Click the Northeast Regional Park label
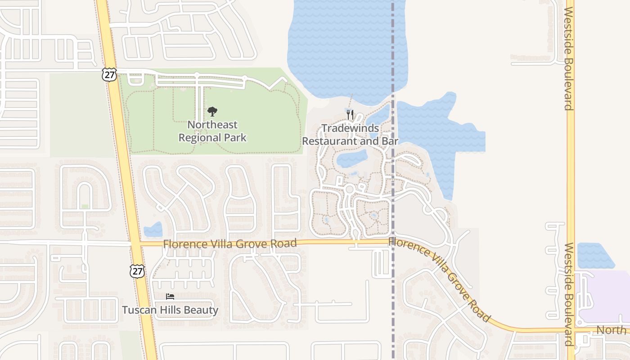pos(212,131)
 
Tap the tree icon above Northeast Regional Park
pos(212,112)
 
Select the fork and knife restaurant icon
pos(350,115)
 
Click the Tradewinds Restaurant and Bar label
pos(350,135)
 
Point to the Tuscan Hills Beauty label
pos(170,310)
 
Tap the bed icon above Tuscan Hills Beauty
pos(170,297)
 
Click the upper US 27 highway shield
pos(109,74)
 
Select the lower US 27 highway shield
pos(137,271)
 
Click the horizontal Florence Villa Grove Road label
pos(230,244)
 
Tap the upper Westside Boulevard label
pos(569,58)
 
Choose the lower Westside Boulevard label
pos(569,295)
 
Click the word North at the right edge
pos(611,330)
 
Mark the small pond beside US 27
pos(153,230)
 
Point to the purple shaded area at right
pos(605,295)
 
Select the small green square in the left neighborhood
pos(85,207)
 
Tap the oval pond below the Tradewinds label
pos(352,158)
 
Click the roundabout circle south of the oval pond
pos(349,189)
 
